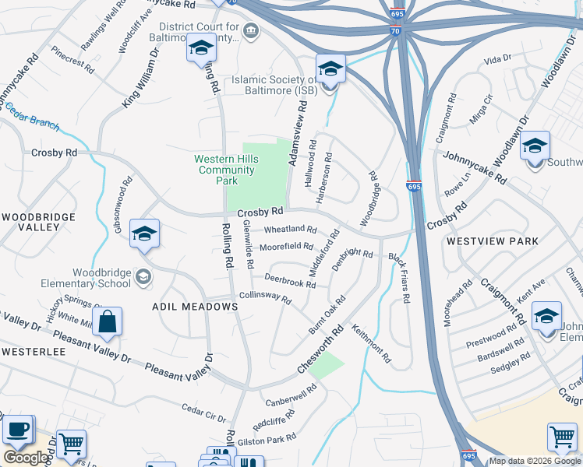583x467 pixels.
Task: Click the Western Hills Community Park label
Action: coord(227,170)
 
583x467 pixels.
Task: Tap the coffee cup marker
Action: coord(17,429)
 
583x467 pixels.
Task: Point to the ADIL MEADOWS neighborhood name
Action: coord(195,307)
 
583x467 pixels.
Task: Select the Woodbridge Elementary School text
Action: coord(101,278)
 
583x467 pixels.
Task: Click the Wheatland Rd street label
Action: coord(290,230)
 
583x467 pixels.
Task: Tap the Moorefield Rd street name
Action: coord(286,247)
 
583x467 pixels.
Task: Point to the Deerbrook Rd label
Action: coord(289,281)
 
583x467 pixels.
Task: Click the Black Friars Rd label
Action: coord(399,278)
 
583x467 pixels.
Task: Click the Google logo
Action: coord(26,458)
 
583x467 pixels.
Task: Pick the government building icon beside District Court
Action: coord(251,31)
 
